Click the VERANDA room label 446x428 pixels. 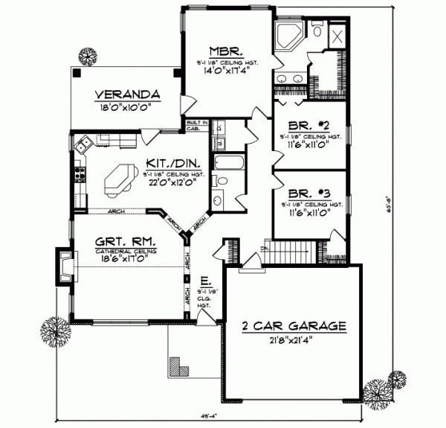(x=127, y=95)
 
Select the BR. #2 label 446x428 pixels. (x=307, y=126)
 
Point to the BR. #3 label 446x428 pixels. (x=307, y=192)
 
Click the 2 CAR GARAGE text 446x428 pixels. (x=294, y=326)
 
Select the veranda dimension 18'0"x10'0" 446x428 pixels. (x=127, y=106)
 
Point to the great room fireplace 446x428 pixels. (x=65, y=266)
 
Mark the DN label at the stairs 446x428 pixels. (x=263, y=247)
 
